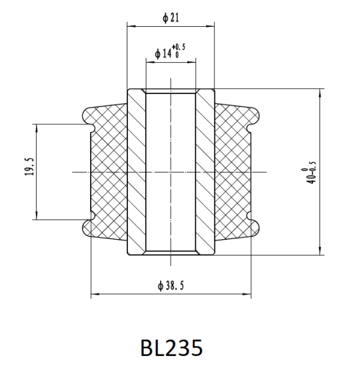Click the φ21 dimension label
tap(171, 18)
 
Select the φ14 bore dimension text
tap(163, 54)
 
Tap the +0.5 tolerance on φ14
tap(178, 47)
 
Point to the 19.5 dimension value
tap(29, 167)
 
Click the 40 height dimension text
tap(312, 179)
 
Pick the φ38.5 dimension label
tap(171, 286)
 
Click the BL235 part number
tap(171, 348)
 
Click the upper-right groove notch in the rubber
tap(249, 128)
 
